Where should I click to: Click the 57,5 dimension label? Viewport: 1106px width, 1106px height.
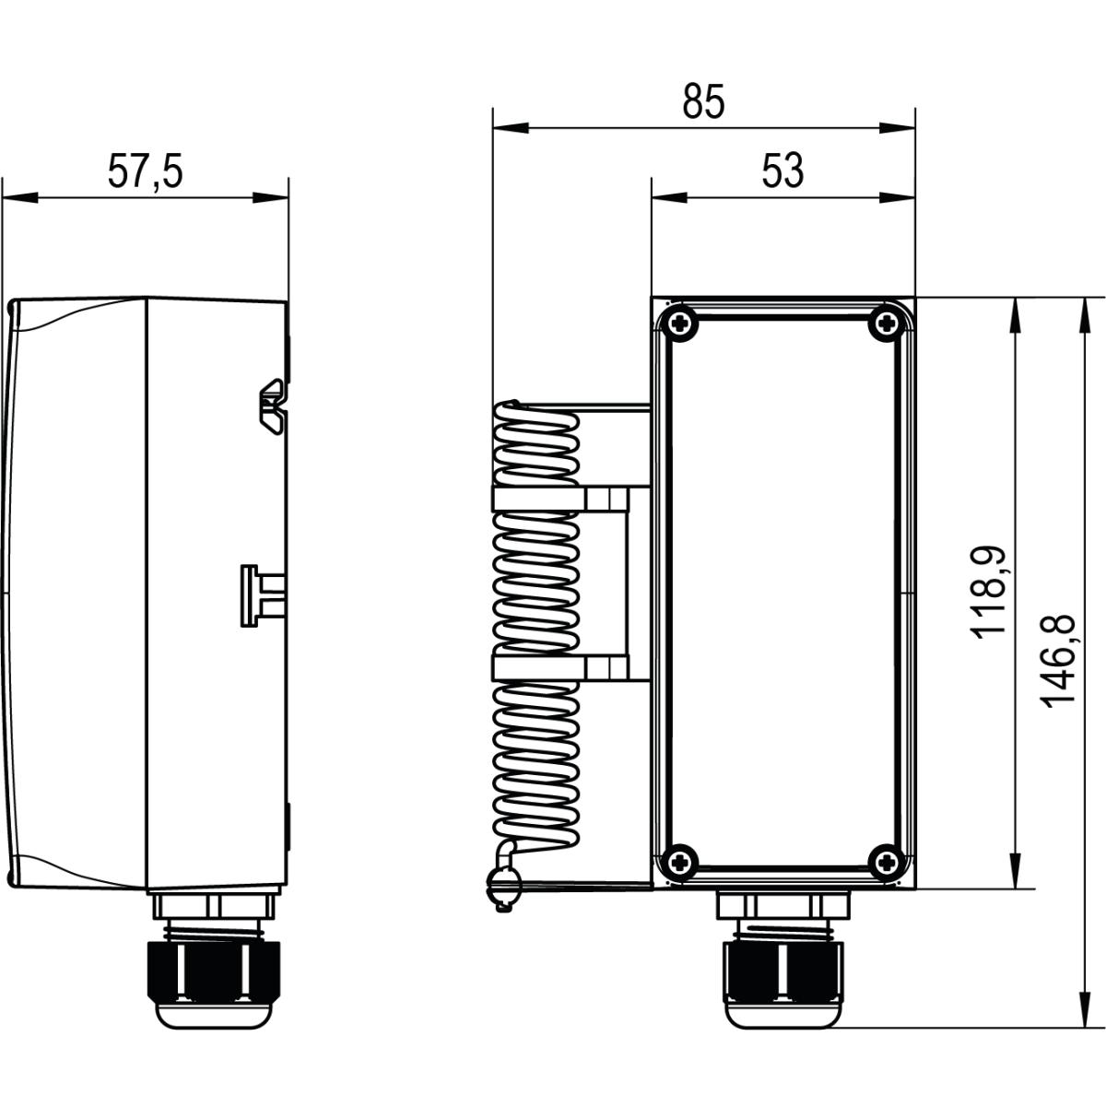click(x=146, y=172)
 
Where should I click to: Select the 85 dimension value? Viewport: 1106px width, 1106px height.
click(x=704, y=102)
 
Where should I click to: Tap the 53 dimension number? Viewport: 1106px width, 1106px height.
click(x=782, y=171)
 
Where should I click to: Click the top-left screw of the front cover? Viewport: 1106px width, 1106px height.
click(x=680, y=322)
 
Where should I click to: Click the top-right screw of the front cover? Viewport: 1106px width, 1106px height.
click(x=886, y=322)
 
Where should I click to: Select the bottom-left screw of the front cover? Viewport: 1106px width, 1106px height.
click(x=680, y=862)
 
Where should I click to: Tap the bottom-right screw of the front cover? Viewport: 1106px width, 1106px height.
click(x=886, y=862)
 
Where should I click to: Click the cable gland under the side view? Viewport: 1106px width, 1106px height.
click(x=215, y=968)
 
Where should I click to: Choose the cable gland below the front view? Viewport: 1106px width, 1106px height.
click(x=782, y=968)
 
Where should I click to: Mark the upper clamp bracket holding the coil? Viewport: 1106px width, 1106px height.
click(x=559, y=500)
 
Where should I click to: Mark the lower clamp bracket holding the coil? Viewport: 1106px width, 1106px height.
click(x=559, y=668)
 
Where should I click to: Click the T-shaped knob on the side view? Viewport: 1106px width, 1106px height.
click(x=258, y=595)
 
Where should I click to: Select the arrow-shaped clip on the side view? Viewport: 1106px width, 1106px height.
click(x=273, y=398)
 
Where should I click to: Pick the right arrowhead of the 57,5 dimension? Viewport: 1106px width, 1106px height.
click(x=271, y=196)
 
